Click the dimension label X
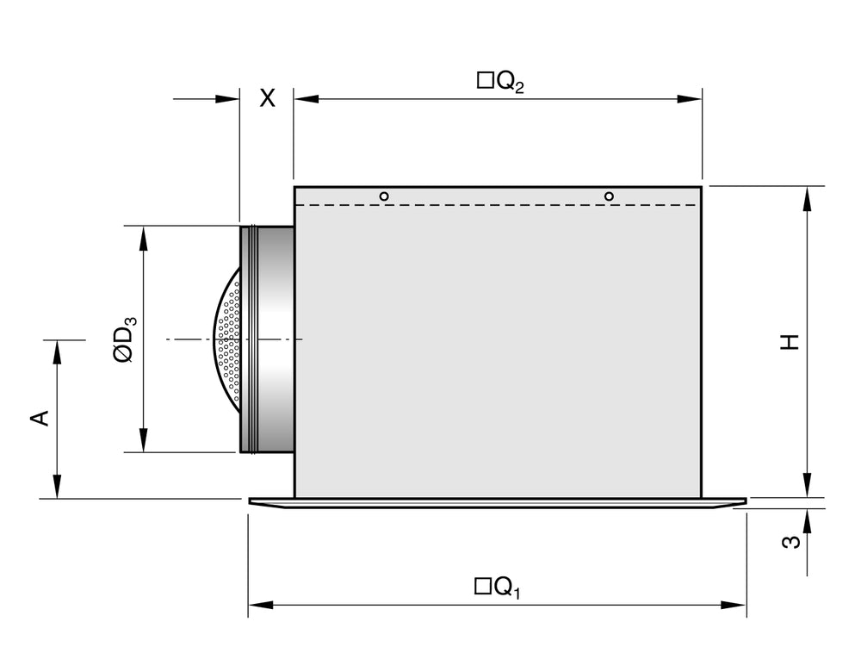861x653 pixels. pos(268,98)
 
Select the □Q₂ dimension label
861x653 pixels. pos(500,82)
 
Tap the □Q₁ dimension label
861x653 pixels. pos(498,588)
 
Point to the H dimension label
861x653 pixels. pos(790,341)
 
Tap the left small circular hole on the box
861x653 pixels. pos(384,196)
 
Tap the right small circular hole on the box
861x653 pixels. pos(609,196)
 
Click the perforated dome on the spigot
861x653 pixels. pos(227,339)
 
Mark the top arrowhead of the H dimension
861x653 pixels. pos(807,198)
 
